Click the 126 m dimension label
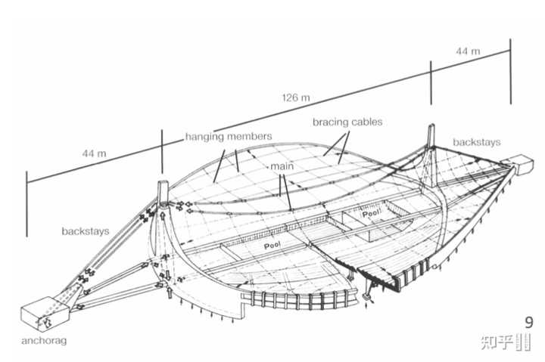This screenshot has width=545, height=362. tap(296, 97)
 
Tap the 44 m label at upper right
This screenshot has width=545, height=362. tap(469, 51)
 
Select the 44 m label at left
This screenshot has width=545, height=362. tap(94, 153)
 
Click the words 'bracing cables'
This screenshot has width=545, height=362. tap(347, 122)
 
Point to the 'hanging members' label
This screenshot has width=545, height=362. tap(229, 136)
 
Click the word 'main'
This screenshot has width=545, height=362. tap(282, 166)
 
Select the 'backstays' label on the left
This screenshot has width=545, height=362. tap(85, 231)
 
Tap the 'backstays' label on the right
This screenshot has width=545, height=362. tap(477, 142)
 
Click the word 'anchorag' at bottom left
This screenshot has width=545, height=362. tap(44, 341)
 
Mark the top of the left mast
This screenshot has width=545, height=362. tap(163, 182)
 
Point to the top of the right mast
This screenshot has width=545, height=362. tap(431, 125)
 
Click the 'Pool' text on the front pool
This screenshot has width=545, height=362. tap(272, 246)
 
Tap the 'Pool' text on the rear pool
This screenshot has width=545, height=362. tap(372, 213)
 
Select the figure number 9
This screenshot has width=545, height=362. tap(528, 323)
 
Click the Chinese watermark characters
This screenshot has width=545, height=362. tap(497, 342)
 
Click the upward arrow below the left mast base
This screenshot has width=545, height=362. tap(170, 292)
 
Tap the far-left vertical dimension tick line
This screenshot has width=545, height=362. tap(26, 204)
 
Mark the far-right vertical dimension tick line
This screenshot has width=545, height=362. tap(511, 71)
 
